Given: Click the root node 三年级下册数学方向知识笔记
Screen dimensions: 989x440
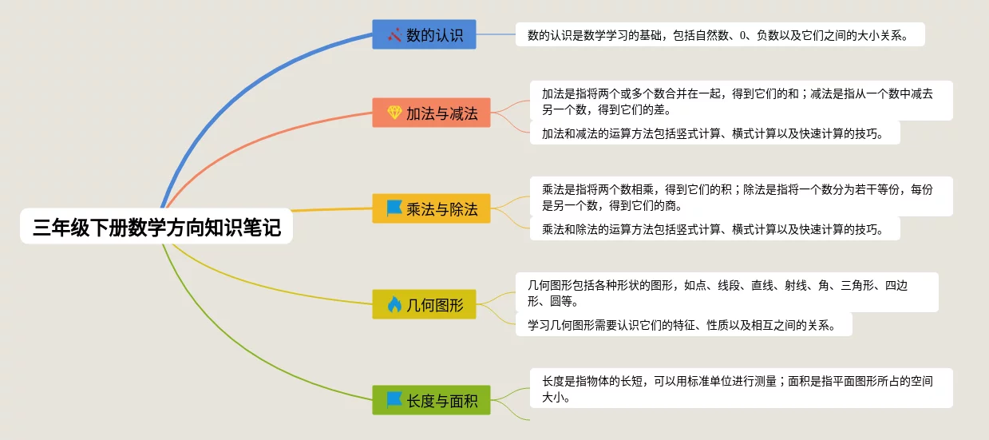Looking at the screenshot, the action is coord(156,228).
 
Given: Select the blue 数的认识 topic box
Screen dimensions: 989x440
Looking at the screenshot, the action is coord(425,34).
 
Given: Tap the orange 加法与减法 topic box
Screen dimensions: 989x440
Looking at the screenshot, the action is coord(431,113).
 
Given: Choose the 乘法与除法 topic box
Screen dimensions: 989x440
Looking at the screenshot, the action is coord(431,208).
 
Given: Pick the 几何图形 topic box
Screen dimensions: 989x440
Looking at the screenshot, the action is coord(425,304).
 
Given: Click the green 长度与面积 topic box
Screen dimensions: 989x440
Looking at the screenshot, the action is coord(431,400).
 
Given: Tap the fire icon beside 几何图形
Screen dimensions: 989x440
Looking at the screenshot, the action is coord(394,304).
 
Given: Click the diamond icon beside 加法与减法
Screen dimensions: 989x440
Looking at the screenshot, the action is coord(394,113).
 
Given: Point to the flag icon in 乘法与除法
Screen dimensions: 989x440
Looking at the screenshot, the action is coord(394,208).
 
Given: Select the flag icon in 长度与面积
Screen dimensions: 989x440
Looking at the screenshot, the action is coord(394,400).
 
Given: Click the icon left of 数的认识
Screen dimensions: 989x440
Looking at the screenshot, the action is coord(394,34).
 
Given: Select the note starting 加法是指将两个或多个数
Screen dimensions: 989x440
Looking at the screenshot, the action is coord(741,101).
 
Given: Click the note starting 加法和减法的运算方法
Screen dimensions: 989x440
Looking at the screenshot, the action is coord(714,133).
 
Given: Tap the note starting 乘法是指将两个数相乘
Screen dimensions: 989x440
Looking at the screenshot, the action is coord(741,196).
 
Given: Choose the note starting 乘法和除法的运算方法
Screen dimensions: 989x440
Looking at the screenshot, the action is coord(714,229).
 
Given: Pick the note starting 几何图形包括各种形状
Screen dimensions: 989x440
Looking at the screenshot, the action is coord(726,292).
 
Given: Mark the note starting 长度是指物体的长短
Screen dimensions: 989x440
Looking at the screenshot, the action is coord(741,388).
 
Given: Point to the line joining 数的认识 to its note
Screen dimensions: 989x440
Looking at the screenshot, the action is coord(496,34).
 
